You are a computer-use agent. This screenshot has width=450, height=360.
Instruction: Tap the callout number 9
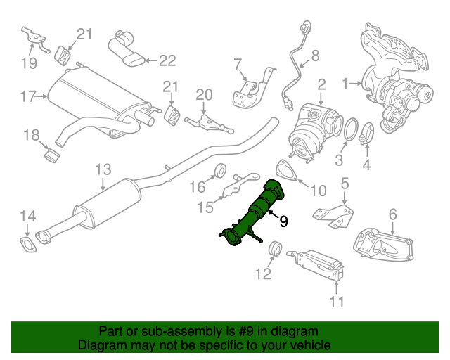[x=283, y=222]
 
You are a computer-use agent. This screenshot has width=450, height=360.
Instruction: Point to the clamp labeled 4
[x=366, y=131]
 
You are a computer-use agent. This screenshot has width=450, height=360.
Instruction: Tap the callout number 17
[x=27, y=96]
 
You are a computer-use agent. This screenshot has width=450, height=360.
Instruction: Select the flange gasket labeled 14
[x=27, y=244]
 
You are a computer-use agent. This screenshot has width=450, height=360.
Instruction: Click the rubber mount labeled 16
[x=219, y=169]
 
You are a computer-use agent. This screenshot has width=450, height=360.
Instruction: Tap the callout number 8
[x=315, y=55]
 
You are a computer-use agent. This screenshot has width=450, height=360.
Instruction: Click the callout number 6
[x=392, y=214]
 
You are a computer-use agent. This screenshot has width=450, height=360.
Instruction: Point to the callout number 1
[x=345, y=84]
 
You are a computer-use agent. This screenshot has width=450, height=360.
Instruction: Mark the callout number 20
[x=203, y=95]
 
